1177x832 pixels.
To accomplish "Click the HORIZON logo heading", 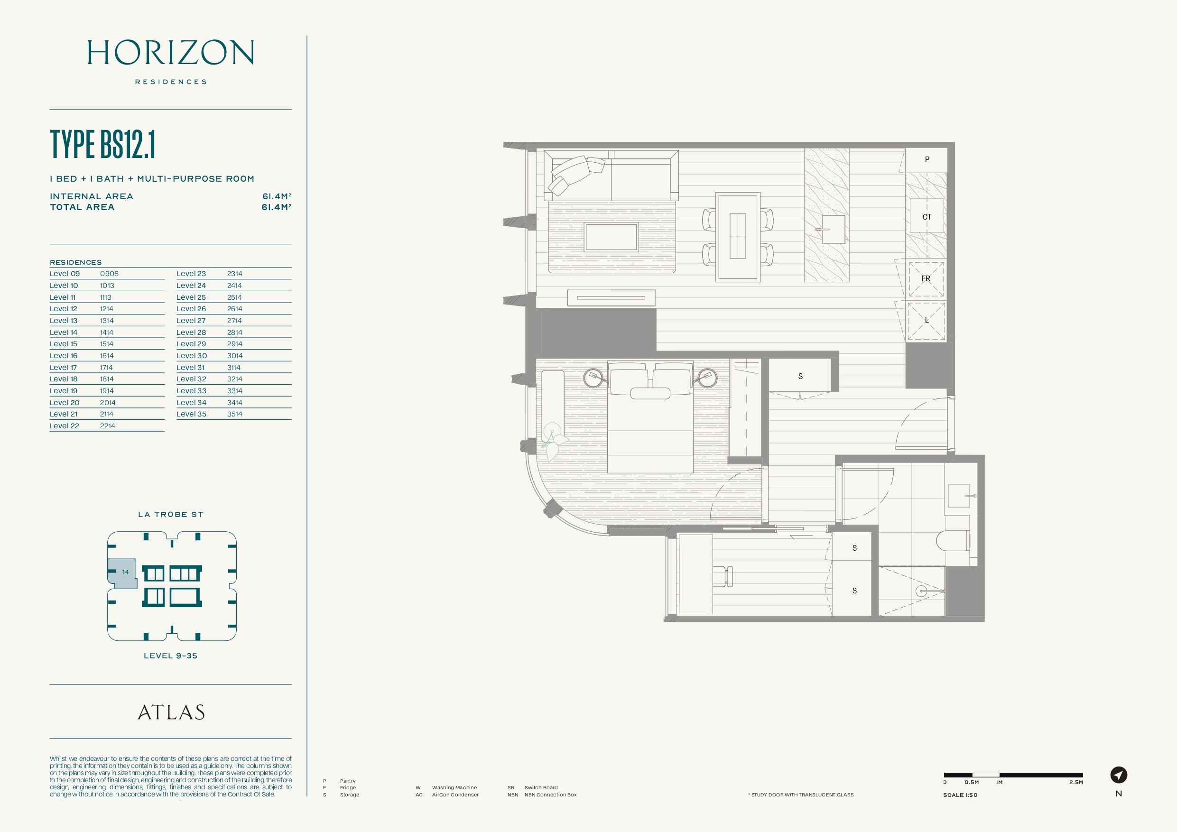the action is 171,52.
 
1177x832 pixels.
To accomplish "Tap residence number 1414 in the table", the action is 107,332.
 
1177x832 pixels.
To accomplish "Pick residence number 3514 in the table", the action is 235,414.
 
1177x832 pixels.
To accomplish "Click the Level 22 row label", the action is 64,426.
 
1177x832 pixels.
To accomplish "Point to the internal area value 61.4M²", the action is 277,196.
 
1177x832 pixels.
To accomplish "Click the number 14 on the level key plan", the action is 125,572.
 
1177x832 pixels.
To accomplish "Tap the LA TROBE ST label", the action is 171,514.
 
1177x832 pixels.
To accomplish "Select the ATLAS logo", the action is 171,712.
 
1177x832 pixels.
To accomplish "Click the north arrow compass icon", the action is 1119,775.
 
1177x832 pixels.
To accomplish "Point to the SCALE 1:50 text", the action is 960,795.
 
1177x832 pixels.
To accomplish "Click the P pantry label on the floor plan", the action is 927,159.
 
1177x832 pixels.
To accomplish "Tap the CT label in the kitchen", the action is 927,217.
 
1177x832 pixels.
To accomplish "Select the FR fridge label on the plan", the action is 926,278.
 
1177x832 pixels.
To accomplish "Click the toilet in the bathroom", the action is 954,540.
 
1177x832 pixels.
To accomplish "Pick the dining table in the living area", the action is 738,237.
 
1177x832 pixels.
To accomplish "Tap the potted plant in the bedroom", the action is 553,441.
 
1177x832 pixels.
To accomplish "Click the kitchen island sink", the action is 833,229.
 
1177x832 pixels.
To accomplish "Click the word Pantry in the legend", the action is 348,781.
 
